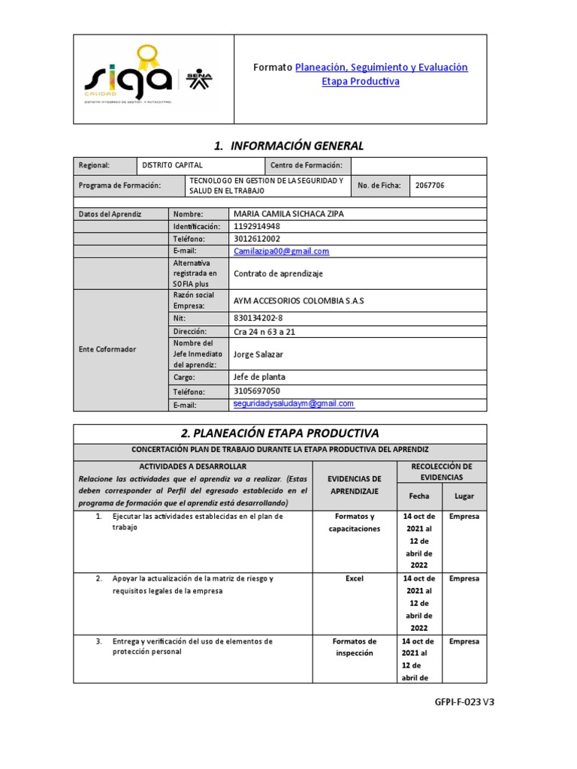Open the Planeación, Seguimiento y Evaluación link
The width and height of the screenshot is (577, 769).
pos(381,68)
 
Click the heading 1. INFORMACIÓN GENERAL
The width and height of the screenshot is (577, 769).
pos(279,146)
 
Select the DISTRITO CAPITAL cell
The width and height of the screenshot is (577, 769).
pos(172,165)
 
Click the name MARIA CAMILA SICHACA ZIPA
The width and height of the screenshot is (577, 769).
pos(288,214)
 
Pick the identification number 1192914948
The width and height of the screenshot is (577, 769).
pos(257,226)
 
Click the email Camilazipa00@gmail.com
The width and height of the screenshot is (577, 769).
pos(281,252)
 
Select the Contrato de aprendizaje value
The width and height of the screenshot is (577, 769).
pos(278,274)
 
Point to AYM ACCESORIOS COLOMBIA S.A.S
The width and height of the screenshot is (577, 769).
pos(298,300)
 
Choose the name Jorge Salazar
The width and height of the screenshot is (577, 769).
pos(258,354)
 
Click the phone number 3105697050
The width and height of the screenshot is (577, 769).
pos(257,391)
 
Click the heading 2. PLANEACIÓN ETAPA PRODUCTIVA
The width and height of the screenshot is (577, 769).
pos(279,433)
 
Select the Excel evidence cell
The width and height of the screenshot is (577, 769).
pos(355,579)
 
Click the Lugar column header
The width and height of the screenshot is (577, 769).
pos(464,496)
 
